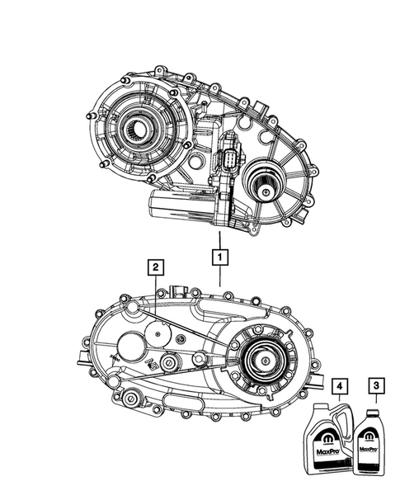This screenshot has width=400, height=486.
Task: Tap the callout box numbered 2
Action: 153,267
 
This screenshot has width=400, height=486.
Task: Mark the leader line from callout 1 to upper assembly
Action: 219,238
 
